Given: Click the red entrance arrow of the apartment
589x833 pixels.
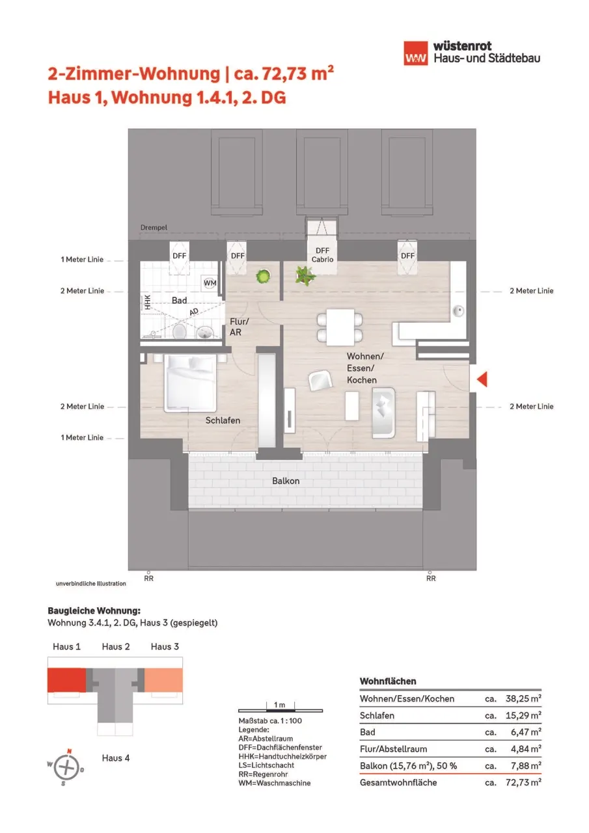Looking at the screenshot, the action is tap(482, 379).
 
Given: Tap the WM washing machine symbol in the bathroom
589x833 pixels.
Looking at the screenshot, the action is tap(210, 282).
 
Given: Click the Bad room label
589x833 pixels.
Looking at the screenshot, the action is tap(179, 300).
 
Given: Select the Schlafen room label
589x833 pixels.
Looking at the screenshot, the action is tap(223, 420).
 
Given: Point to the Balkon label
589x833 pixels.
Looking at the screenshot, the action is tap(286, 481).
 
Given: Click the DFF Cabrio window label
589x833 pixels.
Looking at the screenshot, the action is tap(322, 255).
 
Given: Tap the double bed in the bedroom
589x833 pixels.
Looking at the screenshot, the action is tap(190, 383).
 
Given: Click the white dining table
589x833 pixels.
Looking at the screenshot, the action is tap(340, 327).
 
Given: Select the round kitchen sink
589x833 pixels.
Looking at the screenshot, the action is tap(458, 311).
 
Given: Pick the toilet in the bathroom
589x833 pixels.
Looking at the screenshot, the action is tap(179, 331).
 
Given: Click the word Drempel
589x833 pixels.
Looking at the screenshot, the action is tap(154, 227).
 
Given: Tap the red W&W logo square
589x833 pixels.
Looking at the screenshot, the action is tap(416, 53).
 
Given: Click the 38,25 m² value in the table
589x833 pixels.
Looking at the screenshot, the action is tap(523, 698).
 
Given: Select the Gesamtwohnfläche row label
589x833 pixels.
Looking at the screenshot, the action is tap(398, 782).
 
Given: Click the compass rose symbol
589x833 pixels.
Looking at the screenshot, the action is tap(66, 767).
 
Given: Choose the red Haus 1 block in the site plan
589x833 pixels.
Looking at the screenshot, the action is tap(66, 680).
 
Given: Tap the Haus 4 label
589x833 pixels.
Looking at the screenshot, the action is tap(116, 758).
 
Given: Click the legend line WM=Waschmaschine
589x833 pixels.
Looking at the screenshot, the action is tap(275, 783).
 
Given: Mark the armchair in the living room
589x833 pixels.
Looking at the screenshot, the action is tap(320, 381).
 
